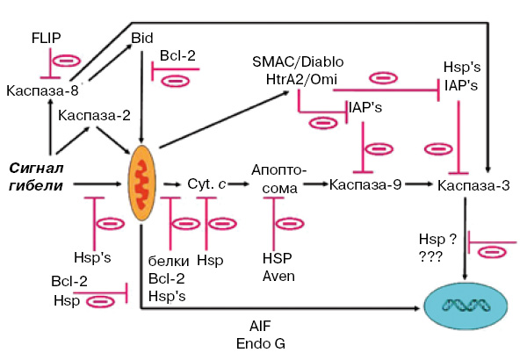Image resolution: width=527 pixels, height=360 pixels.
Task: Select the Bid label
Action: (141, 37)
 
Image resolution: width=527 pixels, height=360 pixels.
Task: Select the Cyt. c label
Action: (207, 184)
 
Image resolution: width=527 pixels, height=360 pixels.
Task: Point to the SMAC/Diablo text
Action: (298, 64)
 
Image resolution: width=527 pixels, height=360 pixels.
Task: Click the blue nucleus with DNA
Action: (464, 305)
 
